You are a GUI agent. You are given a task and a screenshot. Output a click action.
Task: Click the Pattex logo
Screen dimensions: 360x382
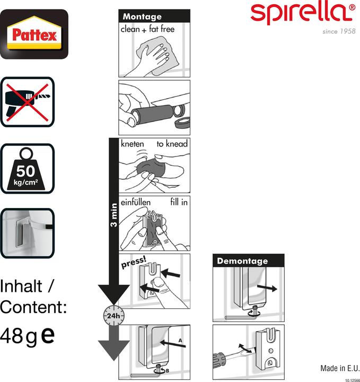34,34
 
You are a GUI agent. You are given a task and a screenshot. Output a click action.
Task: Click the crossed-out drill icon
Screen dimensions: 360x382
28,102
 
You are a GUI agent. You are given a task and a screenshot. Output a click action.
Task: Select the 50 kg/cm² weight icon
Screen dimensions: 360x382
28,169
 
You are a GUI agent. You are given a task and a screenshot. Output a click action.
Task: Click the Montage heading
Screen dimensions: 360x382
142,16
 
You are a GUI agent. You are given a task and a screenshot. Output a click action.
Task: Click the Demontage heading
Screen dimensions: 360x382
242,261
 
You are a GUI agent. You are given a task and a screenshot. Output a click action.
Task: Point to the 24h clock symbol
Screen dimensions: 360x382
113,315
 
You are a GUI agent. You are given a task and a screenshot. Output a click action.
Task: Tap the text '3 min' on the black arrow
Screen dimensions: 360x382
113,215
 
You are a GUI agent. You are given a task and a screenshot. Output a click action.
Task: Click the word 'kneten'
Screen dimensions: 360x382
133,144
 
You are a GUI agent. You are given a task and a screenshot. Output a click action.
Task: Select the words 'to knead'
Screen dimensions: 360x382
172,144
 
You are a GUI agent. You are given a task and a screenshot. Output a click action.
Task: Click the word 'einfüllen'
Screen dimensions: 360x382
136,202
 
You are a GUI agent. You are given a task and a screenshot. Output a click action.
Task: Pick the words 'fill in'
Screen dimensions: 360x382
179,202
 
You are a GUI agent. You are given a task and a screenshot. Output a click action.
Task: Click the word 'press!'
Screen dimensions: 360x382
134,263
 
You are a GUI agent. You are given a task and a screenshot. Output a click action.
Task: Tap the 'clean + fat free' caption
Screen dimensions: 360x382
148,29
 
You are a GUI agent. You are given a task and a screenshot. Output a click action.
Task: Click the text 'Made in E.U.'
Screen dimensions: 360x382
340,368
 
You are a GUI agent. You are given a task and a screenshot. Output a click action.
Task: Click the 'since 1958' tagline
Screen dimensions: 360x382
339,31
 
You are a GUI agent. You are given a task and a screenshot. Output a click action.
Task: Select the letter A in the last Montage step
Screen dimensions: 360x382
180,340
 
